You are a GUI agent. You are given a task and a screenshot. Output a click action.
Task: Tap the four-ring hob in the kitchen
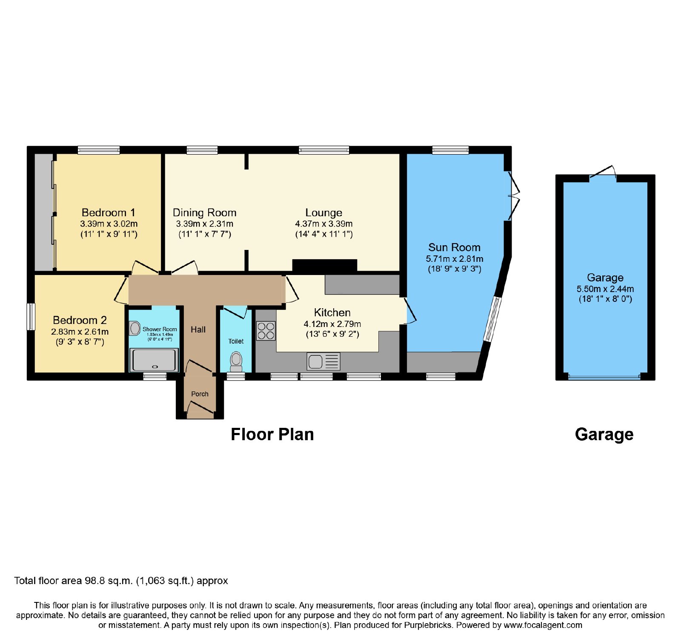(266, 331)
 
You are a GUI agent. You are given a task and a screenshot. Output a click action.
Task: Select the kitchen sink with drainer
(323, 361)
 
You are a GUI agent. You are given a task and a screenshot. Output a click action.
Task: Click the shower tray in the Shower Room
(154, 360)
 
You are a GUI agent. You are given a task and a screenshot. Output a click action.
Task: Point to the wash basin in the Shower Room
(135, 328)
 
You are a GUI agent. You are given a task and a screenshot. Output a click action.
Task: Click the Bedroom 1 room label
(109, 212)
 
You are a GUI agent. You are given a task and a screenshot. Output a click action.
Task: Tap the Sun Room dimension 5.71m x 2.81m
(455, 259)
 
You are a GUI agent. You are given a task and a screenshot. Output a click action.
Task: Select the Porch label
(200, 394)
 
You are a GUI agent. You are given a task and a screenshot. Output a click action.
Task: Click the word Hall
(198, 330)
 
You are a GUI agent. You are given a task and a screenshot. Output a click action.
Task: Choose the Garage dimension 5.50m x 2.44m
(605, 289)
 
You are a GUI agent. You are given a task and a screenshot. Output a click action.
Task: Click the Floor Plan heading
(272, 434)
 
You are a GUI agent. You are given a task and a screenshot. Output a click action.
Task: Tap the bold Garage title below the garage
(604, 435)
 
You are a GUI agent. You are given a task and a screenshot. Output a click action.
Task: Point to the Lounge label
(324, 212)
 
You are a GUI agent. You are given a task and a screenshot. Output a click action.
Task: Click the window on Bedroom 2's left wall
(31, 316)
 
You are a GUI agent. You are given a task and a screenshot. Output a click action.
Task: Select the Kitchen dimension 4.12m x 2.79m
(332, 324)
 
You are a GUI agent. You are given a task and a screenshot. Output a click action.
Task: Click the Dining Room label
(205, 212)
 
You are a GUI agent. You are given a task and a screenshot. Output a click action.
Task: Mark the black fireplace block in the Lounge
(324, 265)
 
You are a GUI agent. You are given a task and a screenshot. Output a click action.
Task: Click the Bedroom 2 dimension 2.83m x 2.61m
(80, 332)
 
